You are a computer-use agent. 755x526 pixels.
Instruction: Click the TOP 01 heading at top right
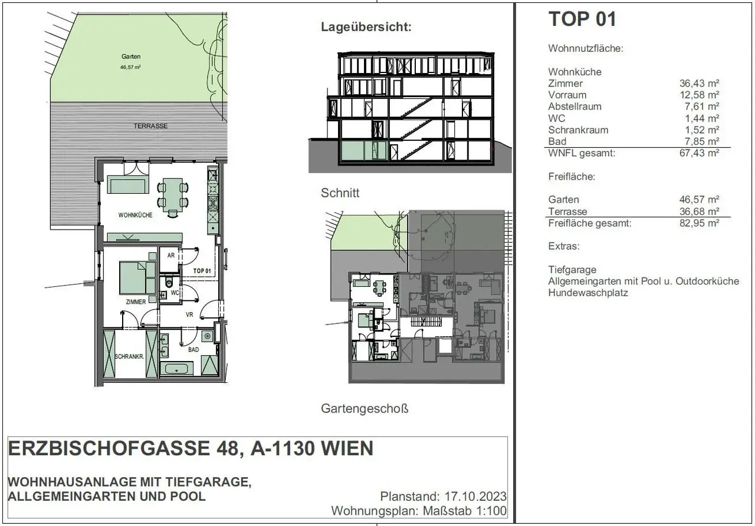[x=582, y=19]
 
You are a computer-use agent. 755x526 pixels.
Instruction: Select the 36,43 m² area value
[x=699, y=84]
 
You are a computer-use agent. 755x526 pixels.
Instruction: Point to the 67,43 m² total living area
[x=699, y=153]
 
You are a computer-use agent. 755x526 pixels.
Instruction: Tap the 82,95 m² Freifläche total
[x=699, y=223]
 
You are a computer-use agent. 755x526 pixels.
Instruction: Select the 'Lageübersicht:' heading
[x=366, y=27]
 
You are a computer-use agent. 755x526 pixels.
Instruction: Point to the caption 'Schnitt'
[x=340, y=193]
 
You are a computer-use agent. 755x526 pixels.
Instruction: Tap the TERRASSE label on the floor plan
[x=150, y=126]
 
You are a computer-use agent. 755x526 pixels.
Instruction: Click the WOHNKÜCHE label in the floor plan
[x=135, y=215]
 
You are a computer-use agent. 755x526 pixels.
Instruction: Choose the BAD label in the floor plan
[x=193, y=349]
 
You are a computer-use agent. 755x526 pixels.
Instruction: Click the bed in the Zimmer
[x=137, y=278]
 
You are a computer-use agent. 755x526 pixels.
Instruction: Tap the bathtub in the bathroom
[x=175, y=369]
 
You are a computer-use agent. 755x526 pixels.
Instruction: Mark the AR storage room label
[x=171, y=256]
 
